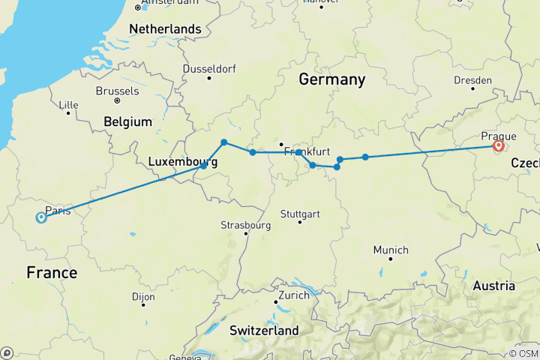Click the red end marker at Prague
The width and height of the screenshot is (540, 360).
pos(498,147)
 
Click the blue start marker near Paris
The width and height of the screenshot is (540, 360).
pos(40,217)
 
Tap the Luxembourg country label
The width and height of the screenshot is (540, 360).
pos(183,161)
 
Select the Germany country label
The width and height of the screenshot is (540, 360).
pos(331,79)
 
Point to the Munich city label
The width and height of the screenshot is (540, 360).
pos(390,250)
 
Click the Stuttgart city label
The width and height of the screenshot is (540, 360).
pos(300,213)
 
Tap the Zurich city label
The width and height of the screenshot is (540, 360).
pos(292,295)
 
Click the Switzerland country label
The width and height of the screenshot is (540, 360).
pos(263,330)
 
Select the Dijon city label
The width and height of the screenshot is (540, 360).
pos(143,296)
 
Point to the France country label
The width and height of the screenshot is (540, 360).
pos(52,272)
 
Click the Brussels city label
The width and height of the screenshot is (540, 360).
pos(117,91)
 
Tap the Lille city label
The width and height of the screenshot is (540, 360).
pos(67,104)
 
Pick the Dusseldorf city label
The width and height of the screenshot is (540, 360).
pos(208,70)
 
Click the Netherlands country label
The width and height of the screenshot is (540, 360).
pos(165,29)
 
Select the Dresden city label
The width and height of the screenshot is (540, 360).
pos(472,79)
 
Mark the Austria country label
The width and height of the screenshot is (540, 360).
pos(493,285)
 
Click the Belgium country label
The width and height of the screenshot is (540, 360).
pos(128,121)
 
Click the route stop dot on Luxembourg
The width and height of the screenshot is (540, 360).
pos(203,166)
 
